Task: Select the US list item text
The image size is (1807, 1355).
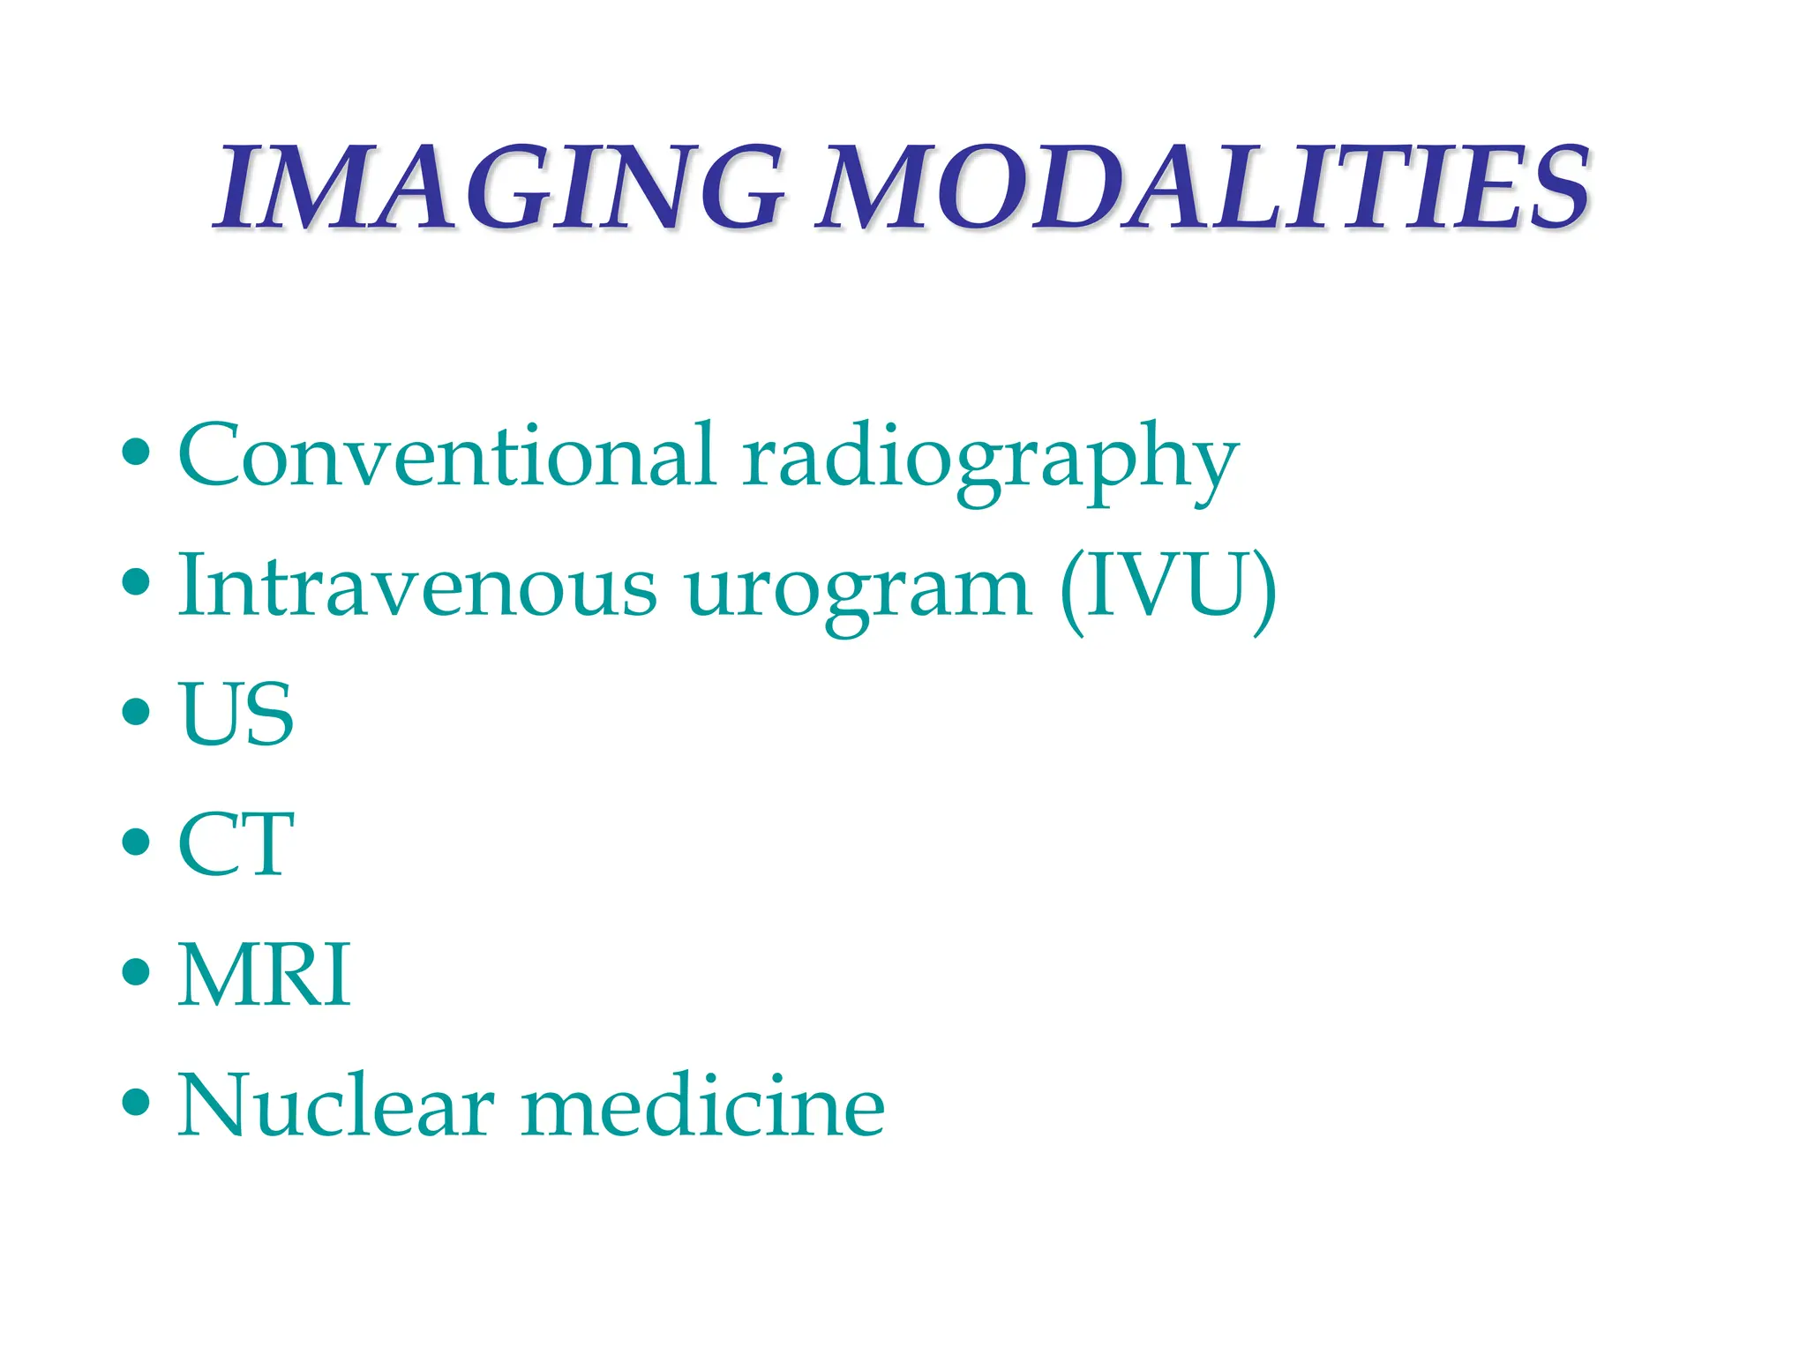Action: point(236,714)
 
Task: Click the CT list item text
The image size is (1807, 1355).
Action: point(236,844)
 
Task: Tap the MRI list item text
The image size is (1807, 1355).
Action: point(264,975)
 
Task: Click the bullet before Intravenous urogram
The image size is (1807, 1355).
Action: point(136,582)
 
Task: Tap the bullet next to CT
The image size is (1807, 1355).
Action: point(136,842)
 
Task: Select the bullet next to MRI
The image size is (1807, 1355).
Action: point(136,971)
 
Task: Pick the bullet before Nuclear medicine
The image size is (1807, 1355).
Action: point(136,1102)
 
